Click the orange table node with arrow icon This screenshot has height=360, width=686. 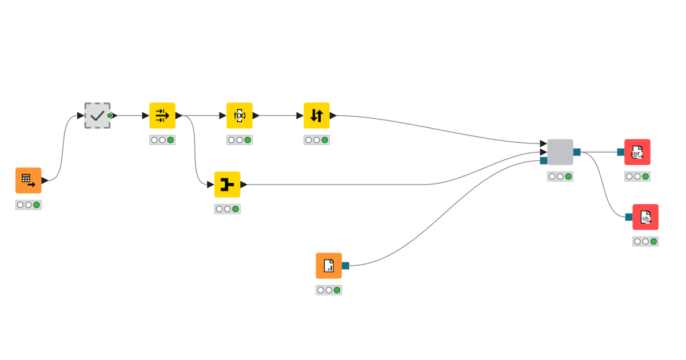[x=28, y=181]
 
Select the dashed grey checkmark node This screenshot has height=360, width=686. [x=97, y=115]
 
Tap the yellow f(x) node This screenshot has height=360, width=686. [x=239, y=115]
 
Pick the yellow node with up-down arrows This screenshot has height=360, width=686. [x=316, y=115]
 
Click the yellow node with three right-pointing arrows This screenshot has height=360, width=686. [x=162, y=115]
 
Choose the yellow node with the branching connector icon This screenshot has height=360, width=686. [x=227, y=185]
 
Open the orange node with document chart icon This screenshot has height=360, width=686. [x=329, y=266]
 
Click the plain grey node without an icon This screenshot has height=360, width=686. [x=560, y=152]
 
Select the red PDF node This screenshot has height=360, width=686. [x=637, y=152]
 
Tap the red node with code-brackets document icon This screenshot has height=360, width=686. [x=645, y=217]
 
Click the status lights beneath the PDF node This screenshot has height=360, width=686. [x=637, y=177]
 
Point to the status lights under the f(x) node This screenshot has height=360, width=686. [x=239, y=140]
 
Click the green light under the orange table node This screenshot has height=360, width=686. [x=37, y=205]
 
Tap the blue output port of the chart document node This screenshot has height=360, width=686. [x=345, y=266]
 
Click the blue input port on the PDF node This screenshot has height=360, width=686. [x=620, y=152]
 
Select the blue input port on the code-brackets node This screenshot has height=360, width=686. [x=628, y=217]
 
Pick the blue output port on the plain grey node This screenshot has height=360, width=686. [x=577, y=152]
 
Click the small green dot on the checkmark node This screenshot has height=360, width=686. [x=110, y=115]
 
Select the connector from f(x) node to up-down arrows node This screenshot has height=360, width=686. [x=278, y=115]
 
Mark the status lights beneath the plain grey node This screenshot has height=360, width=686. [x=560, y=177]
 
